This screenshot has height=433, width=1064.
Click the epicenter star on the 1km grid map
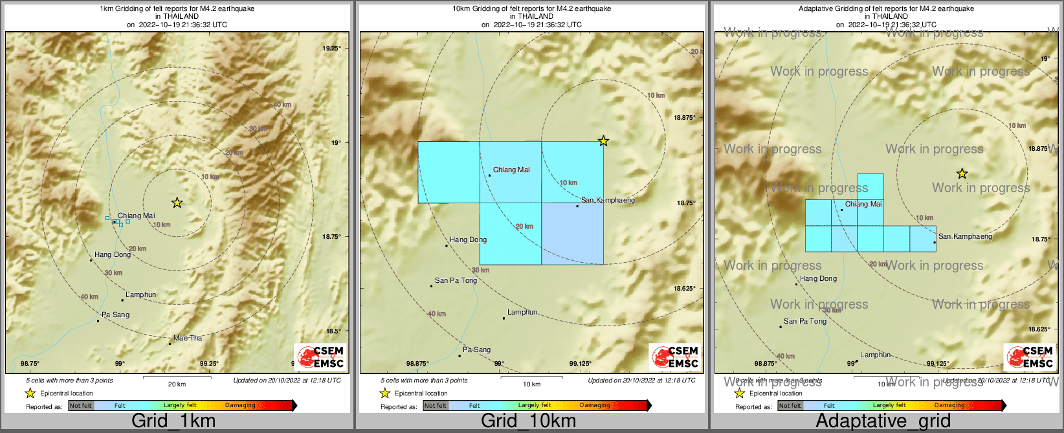[x=177, y=203]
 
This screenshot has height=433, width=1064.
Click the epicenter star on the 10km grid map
[x=603, y=140]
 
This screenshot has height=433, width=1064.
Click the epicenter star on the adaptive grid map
[x=962, y=173]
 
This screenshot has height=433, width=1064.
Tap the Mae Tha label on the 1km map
[x=188, y=338]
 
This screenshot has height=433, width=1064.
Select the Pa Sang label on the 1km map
[x=116, y=315]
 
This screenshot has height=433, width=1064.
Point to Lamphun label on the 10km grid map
[x=523, y=312]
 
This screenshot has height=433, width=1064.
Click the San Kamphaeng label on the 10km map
[x=608, y=201]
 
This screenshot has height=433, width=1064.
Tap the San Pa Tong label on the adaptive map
[x=805, y=321]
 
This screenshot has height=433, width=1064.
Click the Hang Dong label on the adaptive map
[x=818, y=278]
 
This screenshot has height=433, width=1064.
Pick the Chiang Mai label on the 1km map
[x=136, y=216]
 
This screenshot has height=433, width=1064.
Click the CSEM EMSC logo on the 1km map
[x=320, y=357]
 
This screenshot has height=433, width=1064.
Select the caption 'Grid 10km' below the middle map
[x=528, y=421]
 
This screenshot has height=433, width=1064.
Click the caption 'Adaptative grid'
[x=883, y=421]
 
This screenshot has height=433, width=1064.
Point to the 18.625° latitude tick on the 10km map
[x=684, y=289]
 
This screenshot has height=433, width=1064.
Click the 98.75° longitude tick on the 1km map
[x=30, y=364]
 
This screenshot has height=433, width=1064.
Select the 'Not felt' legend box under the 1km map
[x=81, y=406]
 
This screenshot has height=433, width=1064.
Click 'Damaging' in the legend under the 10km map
[x=595, y=406]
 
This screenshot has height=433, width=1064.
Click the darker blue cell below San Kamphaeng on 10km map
[x=572, y=234]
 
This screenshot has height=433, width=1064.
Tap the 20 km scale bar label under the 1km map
[x=177, y=384]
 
